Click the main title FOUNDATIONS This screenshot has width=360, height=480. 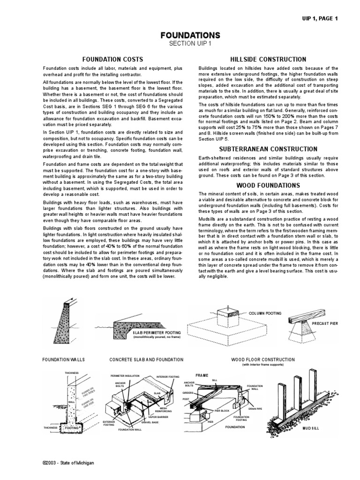190,36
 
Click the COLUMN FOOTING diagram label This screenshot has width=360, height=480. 265,312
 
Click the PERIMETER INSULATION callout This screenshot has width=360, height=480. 125,376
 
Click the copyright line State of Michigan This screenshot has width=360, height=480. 68,463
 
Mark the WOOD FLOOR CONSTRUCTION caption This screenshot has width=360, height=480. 263,360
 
